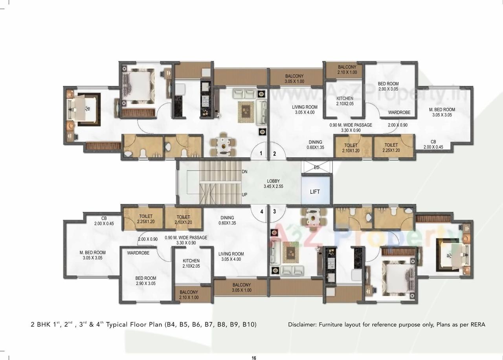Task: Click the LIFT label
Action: tap(315, 192)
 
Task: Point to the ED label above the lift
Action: tap(317, 168)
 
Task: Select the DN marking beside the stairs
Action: tap(244, 172)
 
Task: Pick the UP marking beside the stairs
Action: tap(244, 194)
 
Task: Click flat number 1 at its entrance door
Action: tap(261, 154)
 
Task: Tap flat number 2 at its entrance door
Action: tap(275, 154)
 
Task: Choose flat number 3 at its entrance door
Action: tap(274, 211)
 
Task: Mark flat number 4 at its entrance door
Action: tap(261, 211)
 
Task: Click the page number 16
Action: tap(254, 358)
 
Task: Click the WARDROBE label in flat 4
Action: tap(138, 253)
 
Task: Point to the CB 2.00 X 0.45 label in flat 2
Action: tap(433, 144)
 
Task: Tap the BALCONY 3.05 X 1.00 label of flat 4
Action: tap(242, 287)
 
